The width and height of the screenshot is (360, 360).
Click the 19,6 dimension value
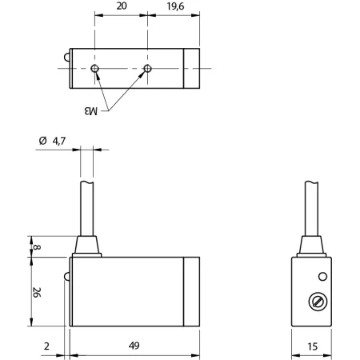coord(175,6)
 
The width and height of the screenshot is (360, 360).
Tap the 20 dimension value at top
coord(122,6)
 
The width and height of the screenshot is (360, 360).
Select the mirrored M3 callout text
coord(91,110)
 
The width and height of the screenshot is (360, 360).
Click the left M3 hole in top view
coord(94,69)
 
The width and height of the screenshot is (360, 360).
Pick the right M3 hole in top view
coord(147,69)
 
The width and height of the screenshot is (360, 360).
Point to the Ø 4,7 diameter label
coord(52,141)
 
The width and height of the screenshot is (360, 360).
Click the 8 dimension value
coord(37,247)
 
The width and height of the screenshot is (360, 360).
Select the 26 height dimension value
coord(37,292)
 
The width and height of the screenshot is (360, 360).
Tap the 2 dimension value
coord(46,346)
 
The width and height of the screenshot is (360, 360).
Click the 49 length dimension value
coord(134,346)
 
